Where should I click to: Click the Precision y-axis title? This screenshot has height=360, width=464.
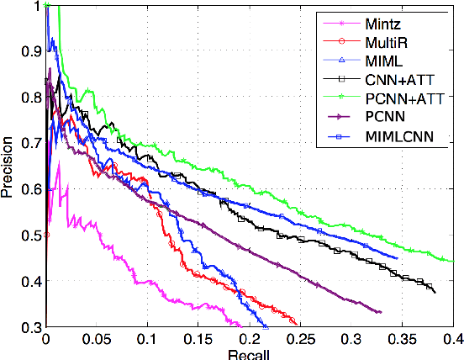[8, 168]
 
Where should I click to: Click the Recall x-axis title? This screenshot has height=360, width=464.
[249, 354]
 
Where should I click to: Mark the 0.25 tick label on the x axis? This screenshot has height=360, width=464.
[300, 338]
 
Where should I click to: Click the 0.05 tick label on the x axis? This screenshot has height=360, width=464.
[97, 338]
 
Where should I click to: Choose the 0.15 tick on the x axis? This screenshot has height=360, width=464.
[198, 338]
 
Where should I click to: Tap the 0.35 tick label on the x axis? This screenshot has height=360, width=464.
[402, 338]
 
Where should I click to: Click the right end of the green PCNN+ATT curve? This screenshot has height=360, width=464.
[453, 261]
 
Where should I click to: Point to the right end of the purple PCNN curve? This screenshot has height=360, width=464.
[381, 312]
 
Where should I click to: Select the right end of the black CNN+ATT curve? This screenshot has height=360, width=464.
[435, 292]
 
